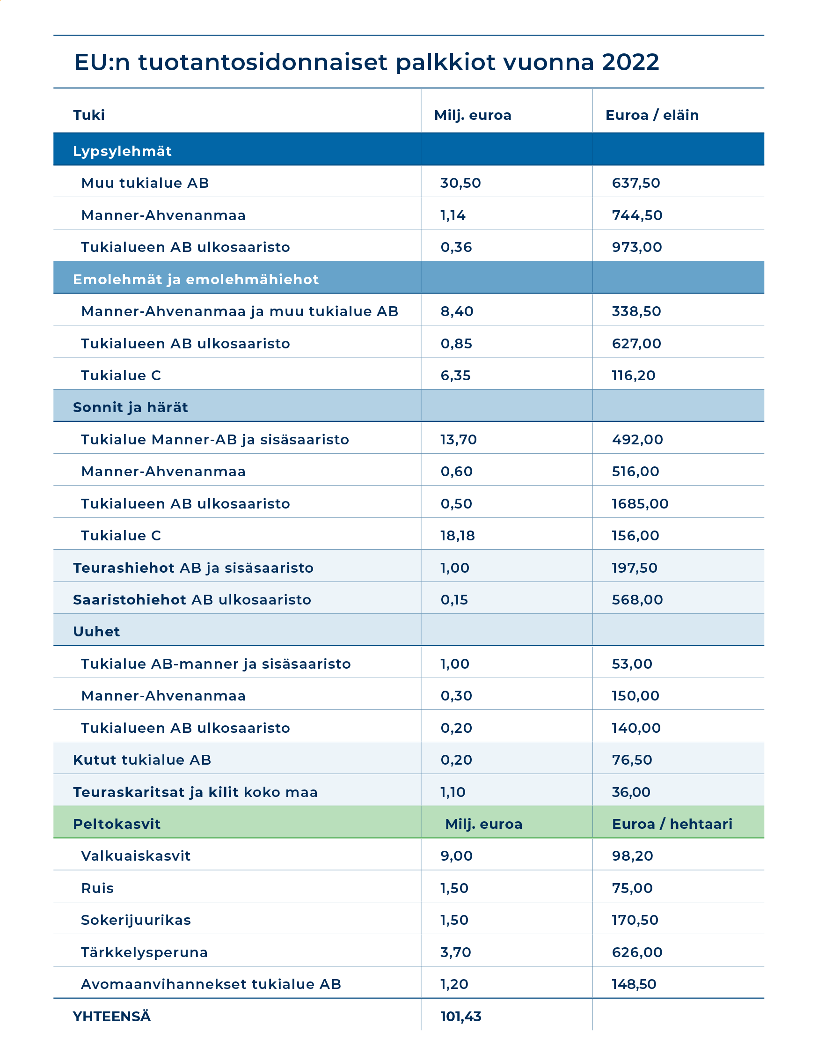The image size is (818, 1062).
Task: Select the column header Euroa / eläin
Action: pyautogui.click(x=652, y=115)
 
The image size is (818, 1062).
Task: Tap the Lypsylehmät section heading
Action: pyautogui.click(x=122, y=151)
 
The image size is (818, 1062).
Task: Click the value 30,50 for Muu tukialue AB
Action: pyautogui.click(x=460, y=184)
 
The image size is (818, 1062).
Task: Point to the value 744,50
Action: pyautogui.click(x=637, y=215)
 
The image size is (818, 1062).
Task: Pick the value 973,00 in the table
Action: pyautogui.click(x=637, y=247)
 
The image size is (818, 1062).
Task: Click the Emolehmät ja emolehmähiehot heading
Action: pyautogui.click(x=196, y=280)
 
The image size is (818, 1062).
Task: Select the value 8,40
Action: pyautogui.click(x=457, y=311)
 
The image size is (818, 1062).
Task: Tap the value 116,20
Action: pyautogui.click(x=633, y=376)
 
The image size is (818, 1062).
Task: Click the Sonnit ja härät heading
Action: pyautogui.click(x=130, y=407)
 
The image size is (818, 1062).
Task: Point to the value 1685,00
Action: pyautogui.click(x=640, y=504)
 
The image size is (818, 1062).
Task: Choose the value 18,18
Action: pyautogui.click(x=457, y=536)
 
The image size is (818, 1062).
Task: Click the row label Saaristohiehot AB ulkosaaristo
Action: pyautogui.click(x=192, y=599)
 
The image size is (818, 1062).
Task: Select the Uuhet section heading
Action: pyautogui.click(x=96, y=632)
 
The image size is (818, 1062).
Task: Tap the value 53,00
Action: pyautogui.click(x=632, y=664)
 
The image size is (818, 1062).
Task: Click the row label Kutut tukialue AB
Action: pyautogui.click(x=142, y=760)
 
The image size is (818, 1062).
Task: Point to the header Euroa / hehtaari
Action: pyautogui.click(x=672, y=824)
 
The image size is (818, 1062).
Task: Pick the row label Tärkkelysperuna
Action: pyautogui.click(x=144, y=952)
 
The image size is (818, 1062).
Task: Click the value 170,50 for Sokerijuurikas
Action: pyautogui.click(x=635, y=920)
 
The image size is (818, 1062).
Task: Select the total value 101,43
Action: pyautogui.click(x=461, y=1016)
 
